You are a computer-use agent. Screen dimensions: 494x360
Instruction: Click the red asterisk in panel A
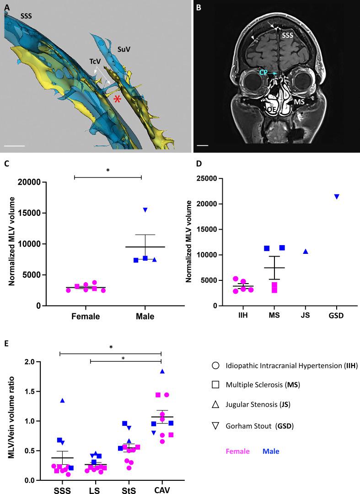pyautogui.click(x=118, y=99)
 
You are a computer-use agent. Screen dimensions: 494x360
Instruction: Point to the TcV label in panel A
pyautogui.click(x=95, y=61)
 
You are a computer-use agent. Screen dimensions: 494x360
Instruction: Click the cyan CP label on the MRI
pyautogui.click(x=263, y=73)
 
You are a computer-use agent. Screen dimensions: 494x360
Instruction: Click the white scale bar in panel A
pyautogui.click(x=14, y=146)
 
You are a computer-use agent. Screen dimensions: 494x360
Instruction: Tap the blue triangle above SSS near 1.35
pyautogui.click(x=62, y=401)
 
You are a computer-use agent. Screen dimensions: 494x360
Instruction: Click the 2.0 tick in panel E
pyautogui.click(x=44, y=362)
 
